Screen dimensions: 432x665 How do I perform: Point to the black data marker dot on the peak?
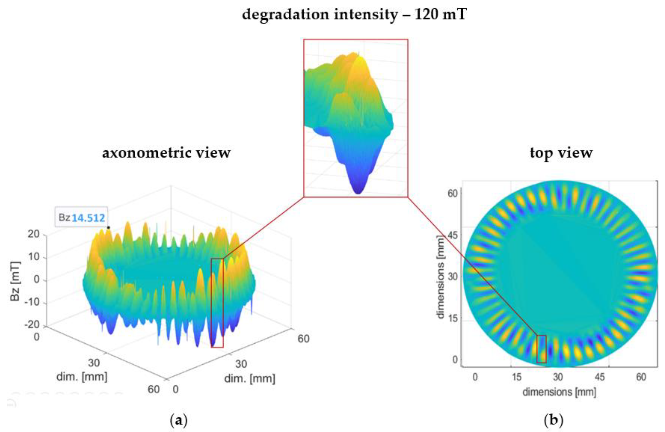coord(108,228)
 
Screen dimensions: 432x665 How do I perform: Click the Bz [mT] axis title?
coord(15,281)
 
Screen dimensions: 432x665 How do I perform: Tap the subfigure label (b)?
coord(554,420)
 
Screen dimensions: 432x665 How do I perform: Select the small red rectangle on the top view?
coord(541,349)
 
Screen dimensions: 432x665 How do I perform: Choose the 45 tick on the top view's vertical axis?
coord(452,235)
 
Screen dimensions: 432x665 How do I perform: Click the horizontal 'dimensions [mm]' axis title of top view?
coord(559,392)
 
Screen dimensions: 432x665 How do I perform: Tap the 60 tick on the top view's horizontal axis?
coord(641,377)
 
